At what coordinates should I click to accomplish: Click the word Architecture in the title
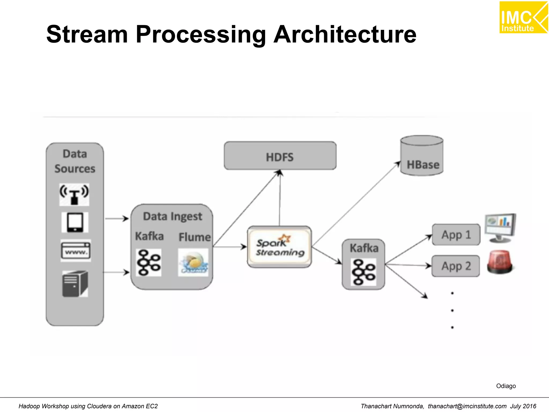click(345, 34)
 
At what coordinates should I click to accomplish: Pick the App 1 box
click(456, 235)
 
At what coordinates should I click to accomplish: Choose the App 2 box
click(455, 266)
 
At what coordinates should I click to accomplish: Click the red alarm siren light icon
click(500, 262)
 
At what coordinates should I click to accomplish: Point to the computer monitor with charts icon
click(500, 228)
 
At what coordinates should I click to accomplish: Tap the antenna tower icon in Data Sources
click(74, 194)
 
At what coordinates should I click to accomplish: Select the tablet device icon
click(75, 222)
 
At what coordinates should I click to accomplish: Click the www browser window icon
click(76, 251)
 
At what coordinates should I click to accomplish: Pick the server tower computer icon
click(75, 284)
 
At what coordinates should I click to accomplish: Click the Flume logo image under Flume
click(193, 262)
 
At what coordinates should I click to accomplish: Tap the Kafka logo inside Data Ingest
click(149, 262)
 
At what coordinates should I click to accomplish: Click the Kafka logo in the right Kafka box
click(363, 272)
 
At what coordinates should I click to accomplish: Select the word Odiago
click(506, 386)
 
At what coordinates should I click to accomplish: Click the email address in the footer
click(467, 406)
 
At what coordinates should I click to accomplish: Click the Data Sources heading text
click(75, 161)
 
